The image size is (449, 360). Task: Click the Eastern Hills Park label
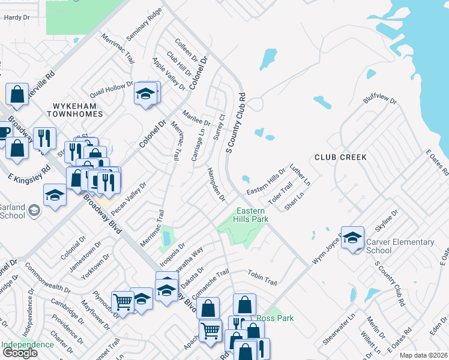[x=252, y=215]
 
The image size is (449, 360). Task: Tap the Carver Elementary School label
[x=400, y=246]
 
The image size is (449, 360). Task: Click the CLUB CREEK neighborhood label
[x=340, y=157]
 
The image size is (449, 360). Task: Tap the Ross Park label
[x=275, y=318]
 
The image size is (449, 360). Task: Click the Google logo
[x=20, y=353]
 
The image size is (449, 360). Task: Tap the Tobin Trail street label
[x=262, y=277]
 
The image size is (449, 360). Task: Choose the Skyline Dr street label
[x=387, y=225]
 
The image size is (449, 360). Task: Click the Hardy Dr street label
[x=17, y=18]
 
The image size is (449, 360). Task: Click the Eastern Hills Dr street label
[x=267, y=180]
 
